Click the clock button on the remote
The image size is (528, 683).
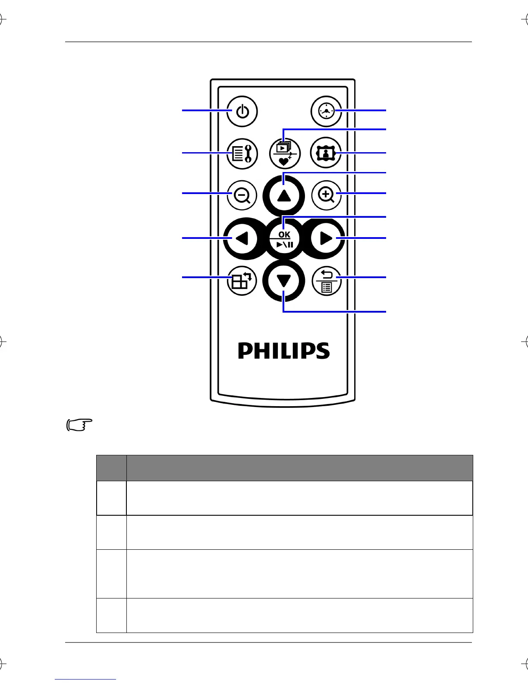pos(326,111)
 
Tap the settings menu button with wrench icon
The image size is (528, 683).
pos(242,154)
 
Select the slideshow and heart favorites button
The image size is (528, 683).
pos(284,154)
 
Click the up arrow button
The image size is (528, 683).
pos(284,196)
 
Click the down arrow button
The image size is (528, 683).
pos(284,281)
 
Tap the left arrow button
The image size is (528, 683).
pos(242,238)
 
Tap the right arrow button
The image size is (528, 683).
pos(326,238)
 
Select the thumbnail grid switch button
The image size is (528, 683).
pos(242,281)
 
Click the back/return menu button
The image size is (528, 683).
pos(326,281)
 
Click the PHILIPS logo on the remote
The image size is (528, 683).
pos(284,351)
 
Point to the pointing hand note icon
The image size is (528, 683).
pos(80,425)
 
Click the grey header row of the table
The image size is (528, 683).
pos(285,468)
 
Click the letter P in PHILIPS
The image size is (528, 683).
pos(246,351)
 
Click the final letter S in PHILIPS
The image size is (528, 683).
pos(322,351)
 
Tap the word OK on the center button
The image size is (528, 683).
pos(284,234)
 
